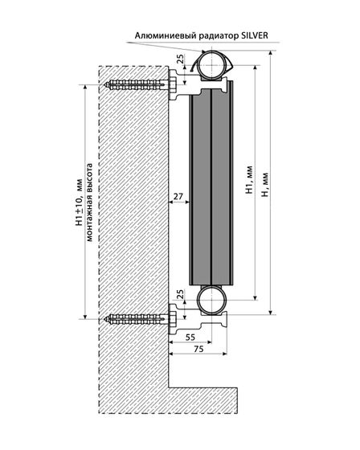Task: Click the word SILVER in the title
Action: pos(255,35)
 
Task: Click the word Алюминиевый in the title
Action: pos(162,36)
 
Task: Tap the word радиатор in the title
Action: pos(215,36)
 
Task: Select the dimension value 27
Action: pos(178,197)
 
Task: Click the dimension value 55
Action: pos(190,337)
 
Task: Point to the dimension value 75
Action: pos(198,349)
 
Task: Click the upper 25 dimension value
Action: pos(180,59)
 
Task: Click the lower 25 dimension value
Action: pos(180,295)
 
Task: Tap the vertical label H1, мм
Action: pos(249,180)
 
